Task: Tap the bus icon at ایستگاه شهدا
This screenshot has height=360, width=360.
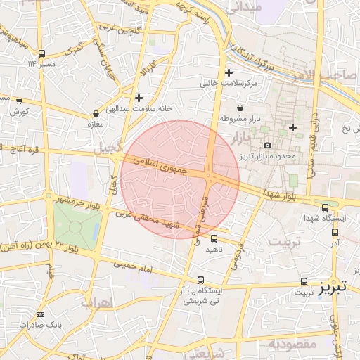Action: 325,207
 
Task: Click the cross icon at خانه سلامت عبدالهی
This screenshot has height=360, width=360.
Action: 139,98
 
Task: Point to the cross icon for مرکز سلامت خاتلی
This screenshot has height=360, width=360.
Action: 229,72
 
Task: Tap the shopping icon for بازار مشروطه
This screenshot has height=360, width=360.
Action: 240,108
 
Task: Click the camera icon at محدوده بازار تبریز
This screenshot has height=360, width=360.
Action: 266,145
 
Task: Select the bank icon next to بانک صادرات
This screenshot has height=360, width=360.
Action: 40,314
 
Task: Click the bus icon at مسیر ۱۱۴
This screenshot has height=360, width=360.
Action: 41,53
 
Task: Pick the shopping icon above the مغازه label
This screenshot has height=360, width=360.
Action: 96,113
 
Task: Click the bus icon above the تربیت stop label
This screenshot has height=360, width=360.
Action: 304,280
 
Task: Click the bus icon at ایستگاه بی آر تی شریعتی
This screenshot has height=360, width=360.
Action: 201,279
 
